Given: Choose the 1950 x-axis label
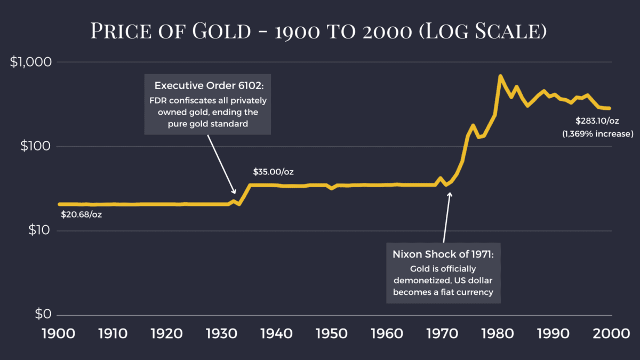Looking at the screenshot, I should click(333, 334).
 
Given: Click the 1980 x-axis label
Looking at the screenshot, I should click(499, 334).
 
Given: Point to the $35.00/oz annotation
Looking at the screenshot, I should click(274, 172).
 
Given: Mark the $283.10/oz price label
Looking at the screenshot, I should click(596, 121).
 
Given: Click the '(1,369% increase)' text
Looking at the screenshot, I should click(598, 133).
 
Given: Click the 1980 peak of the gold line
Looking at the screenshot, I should click(500, 76).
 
